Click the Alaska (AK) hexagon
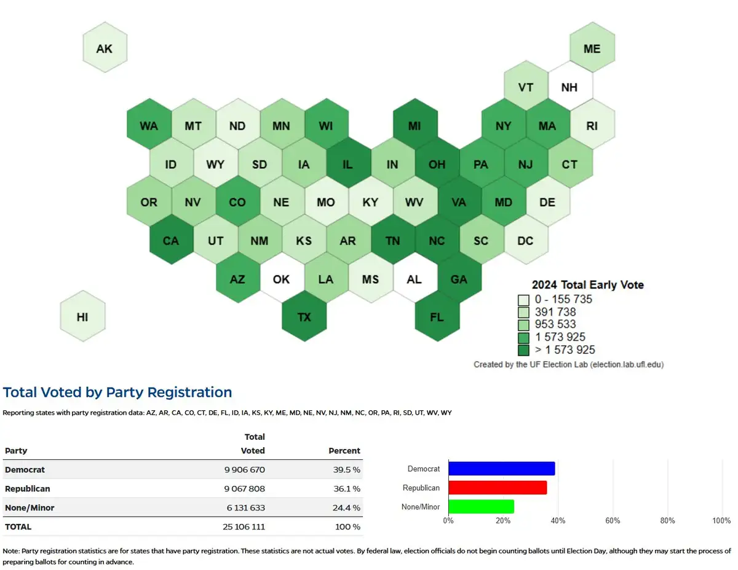[x=105, y=48]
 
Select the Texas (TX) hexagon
[x=304, y=317]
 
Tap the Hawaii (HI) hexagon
[x=82, y=317]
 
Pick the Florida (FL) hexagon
[x=437, y=317]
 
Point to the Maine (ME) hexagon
[x=592, y=48]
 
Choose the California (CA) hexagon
[x=171, y=240]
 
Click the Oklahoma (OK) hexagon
[x=281, y=279]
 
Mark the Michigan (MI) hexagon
[x=415, y=125]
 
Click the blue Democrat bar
[x=501, y=469]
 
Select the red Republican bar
[x=498, y=488]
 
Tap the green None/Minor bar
[x=481, y=507]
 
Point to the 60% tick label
[x=613, y=521]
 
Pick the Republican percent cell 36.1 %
[x=346, y=489]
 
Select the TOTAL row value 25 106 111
[x=244, y=527]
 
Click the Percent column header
[x=344, y=451]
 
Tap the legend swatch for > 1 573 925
[x=523, y=350]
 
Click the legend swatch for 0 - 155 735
[x=523, y=300]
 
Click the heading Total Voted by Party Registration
[x=117, y=392]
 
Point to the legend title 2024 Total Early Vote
[x=587, y=285]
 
